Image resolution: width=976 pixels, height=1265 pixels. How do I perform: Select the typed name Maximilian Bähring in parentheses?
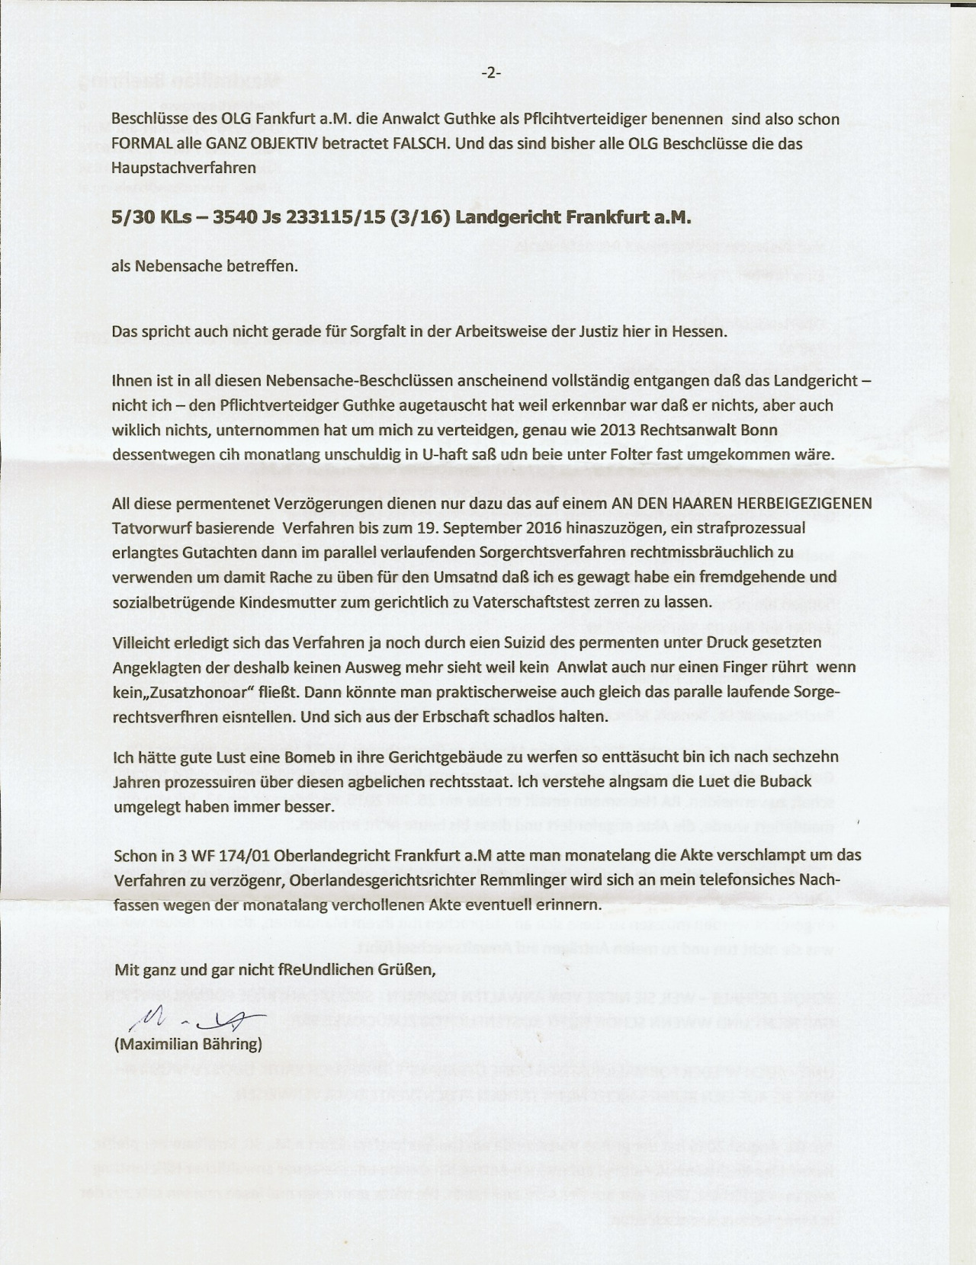point(188,1044)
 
